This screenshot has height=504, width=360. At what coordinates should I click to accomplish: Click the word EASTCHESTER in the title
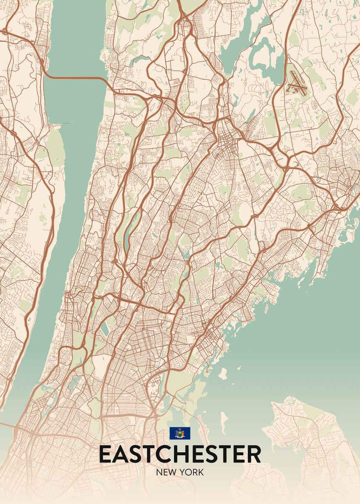click(x=180, y=454)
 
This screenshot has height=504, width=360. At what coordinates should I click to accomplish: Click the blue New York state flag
click(x=180, y=433)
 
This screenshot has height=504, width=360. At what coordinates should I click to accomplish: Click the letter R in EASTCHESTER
click(x=253, y=454)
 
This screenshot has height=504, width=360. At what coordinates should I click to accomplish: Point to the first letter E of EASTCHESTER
click(x=105, y=454)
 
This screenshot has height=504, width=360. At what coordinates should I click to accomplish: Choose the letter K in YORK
click(x=201, y=472)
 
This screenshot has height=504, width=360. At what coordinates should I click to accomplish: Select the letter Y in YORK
click(x=184, y=472)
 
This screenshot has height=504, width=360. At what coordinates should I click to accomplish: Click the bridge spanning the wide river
click(x=76, y=78)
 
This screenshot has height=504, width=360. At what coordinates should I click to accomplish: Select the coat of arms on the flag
click(x=180, y=433)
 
